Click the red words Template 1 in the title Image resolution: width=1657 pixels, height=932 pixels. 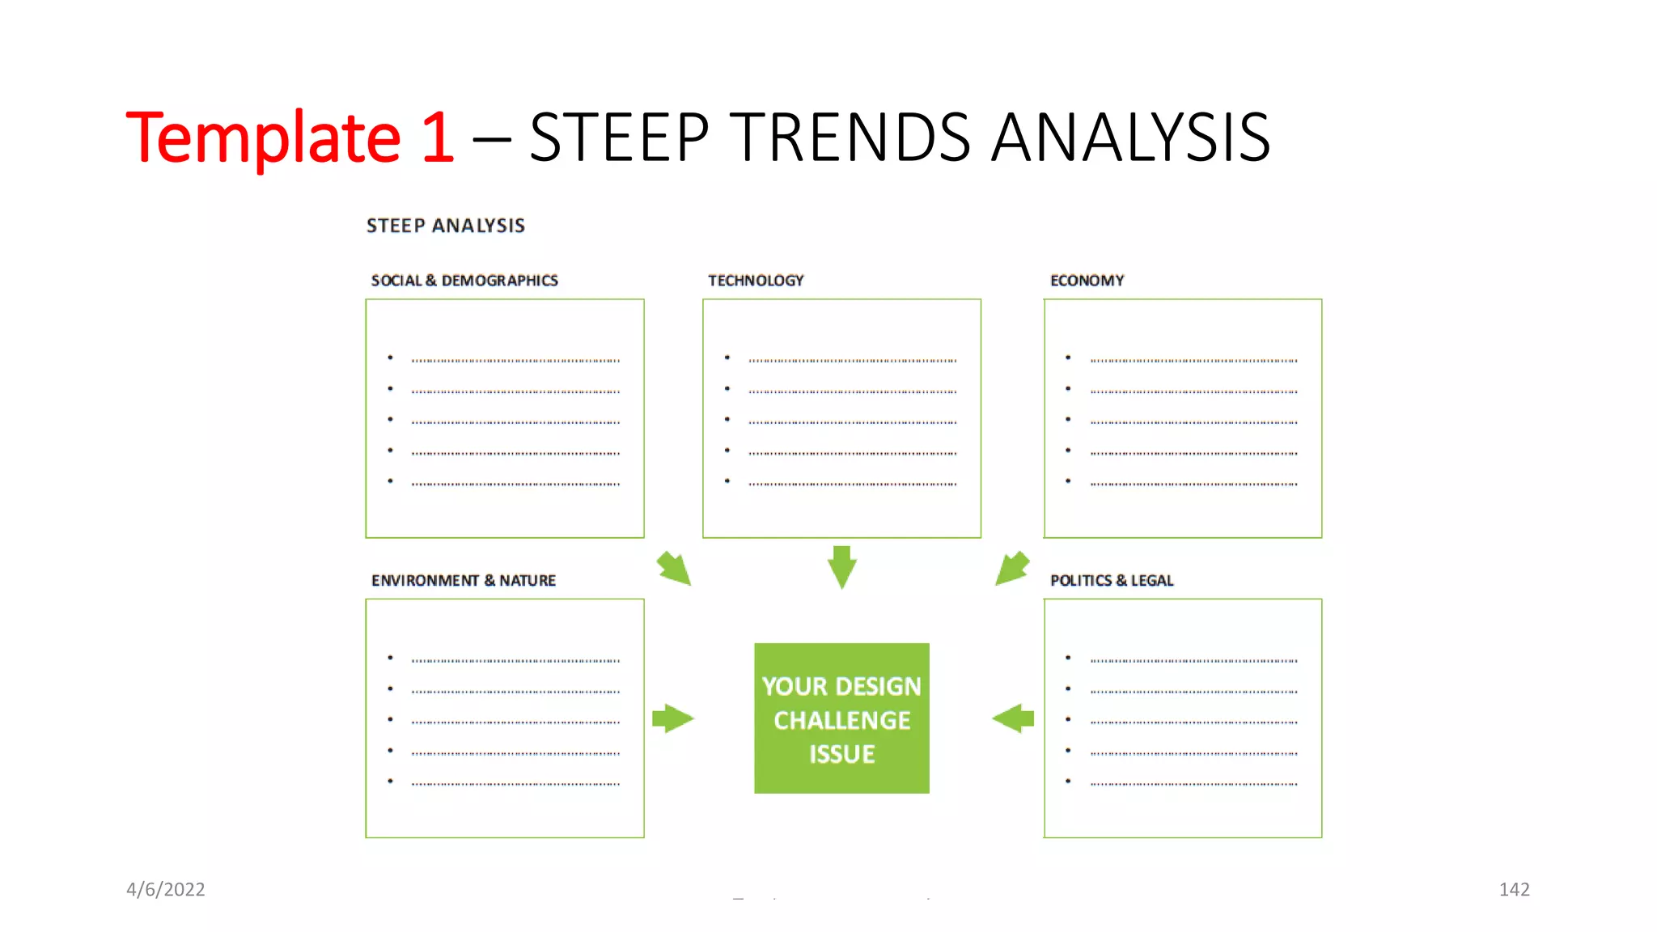pos(290,138)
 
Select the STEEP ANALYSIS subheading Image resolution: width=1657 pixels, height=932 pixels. pos(446,226)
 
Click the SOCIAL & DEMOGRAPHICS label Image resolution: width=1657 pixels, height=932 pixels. pos(464,281)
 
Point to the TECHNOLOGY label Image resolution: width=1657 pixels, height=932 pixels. pos(756,281)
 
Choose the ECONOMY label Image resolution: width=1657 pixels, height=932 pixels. pos(1087,281)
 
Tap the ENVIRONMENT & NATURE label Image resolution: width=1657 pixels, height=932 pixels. pos(464,581)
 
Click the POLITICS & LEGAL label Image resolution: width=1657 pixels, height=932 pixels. pos(1111,581)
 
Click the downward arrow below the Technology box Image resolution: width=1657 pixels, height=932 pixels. pos(841,566)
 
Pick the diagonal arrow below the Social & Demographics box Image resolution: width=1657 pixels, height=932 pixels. pos(674,568)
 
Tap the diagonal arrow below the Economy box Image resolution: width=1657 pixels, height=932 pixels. pos(1011,568)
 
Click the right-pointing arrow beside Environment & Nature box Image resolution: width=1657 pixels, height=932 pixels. pos(672,718)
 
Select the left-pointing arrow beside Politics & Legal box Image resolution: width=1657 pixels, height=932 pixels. pos(1013,718)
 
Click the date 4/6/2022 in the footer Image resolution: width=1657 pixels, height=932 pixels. pos(166,890)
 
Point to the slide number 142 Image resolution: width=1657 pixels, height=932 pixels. pos(1514,890)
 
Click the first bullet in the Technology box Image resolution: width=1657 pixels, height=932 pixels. pos(727,358)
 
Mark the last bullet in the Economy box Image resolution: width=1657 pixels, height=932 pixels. pos(1068,481)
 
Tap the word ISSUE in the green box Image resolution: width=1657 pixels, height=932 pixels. pos(841,754)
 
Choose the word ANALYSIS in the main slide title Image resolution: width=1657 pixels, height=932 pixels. pos(1130,138)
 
